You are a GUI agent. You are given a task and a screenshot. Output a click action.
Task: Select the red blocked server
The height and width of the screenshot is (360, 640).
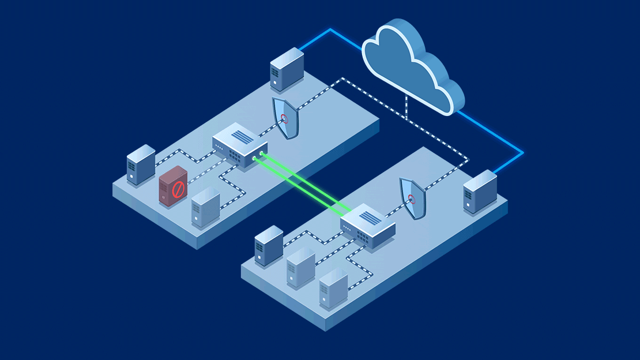click(x=173, y=186)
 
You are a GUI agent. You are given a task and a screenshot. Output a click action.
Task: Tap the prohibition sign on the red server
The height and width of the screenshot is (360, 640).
click(x=178, y=189)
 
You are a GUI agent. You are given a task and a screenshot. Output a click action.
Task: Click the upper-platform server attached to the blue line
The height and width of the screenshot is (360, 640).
click(x=287, y=69)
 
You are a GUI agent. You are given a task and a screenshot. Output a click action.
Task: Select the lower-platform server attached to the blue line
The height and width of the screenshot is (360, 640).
click(x=480, y=192)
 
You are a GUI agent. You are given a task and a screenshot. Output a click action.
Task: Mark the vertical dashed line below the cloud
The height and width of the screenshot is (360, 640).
click(x=406, y=107)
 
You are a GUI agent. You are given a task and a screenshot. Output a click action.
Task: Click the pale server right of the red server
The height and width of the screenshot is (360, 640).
click(x=205, y=207)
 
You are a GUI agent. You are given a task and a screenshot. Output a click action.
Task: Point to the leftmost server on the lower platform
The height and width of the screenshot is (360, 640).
click(x=269, y=245)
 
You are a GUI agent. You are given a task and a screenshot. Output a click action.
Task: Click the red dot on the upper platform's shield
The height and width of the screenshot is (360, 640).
click(x=284, y=119)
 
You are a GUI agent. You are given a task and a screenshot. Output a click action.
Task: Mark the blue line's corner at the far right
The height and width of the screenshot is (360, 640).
click(x=523, y=153)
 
